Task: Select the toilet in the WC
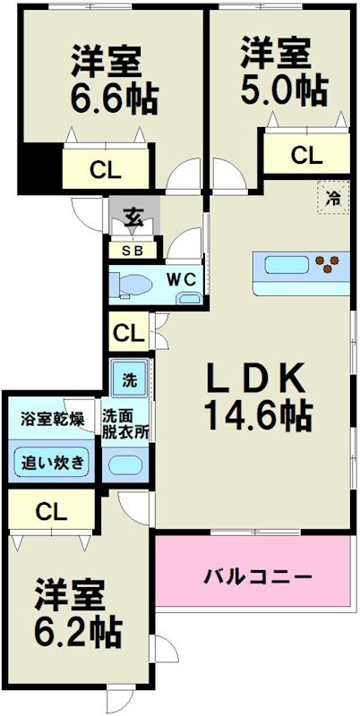(x=133, y=285)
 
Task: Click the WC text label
(x=184, y=279)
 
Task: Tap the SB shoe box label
(x=132, y=251)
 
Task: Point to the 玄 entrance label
(x=133, y=217)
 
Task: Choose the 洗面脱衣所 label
(x=125, y=422)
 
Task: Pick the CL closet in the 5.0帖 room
(x=306, y=154)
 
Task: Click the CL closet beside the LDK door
(x=128, y=335)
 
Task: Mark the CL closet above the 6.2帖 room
(x=52, y=512)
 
